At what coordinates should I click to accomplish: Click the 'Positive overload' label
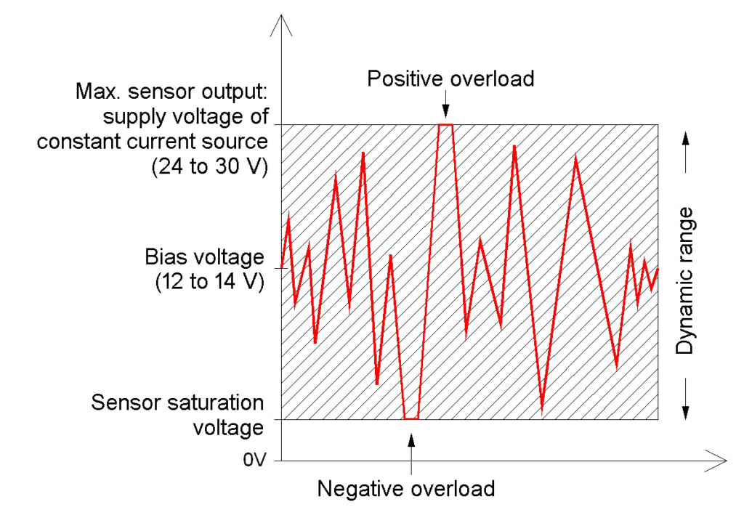[x=450, y=78]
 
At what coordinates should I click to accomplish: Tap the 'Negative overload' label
[x=406, y=487]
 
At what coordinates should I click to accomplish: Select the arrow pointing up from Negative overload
[x=411, y=447]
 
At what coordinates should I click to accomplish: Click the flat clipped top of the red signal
[x=445, y=125]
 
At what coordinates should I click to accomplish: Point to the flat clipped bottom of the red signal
[x=411, y=419]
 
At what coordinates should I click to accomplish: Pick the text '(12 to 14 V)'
[x=209, y=282]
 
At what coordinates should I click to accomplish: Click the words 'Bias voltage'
[x=203, y=257]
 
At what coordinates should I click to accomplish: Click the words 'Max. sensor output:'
[x=172, y=93]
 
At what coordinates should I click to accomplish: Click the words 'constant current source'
[x=153, y=141]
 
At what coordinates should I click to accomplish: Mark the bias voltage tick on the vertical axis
[x=277, y=270]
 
